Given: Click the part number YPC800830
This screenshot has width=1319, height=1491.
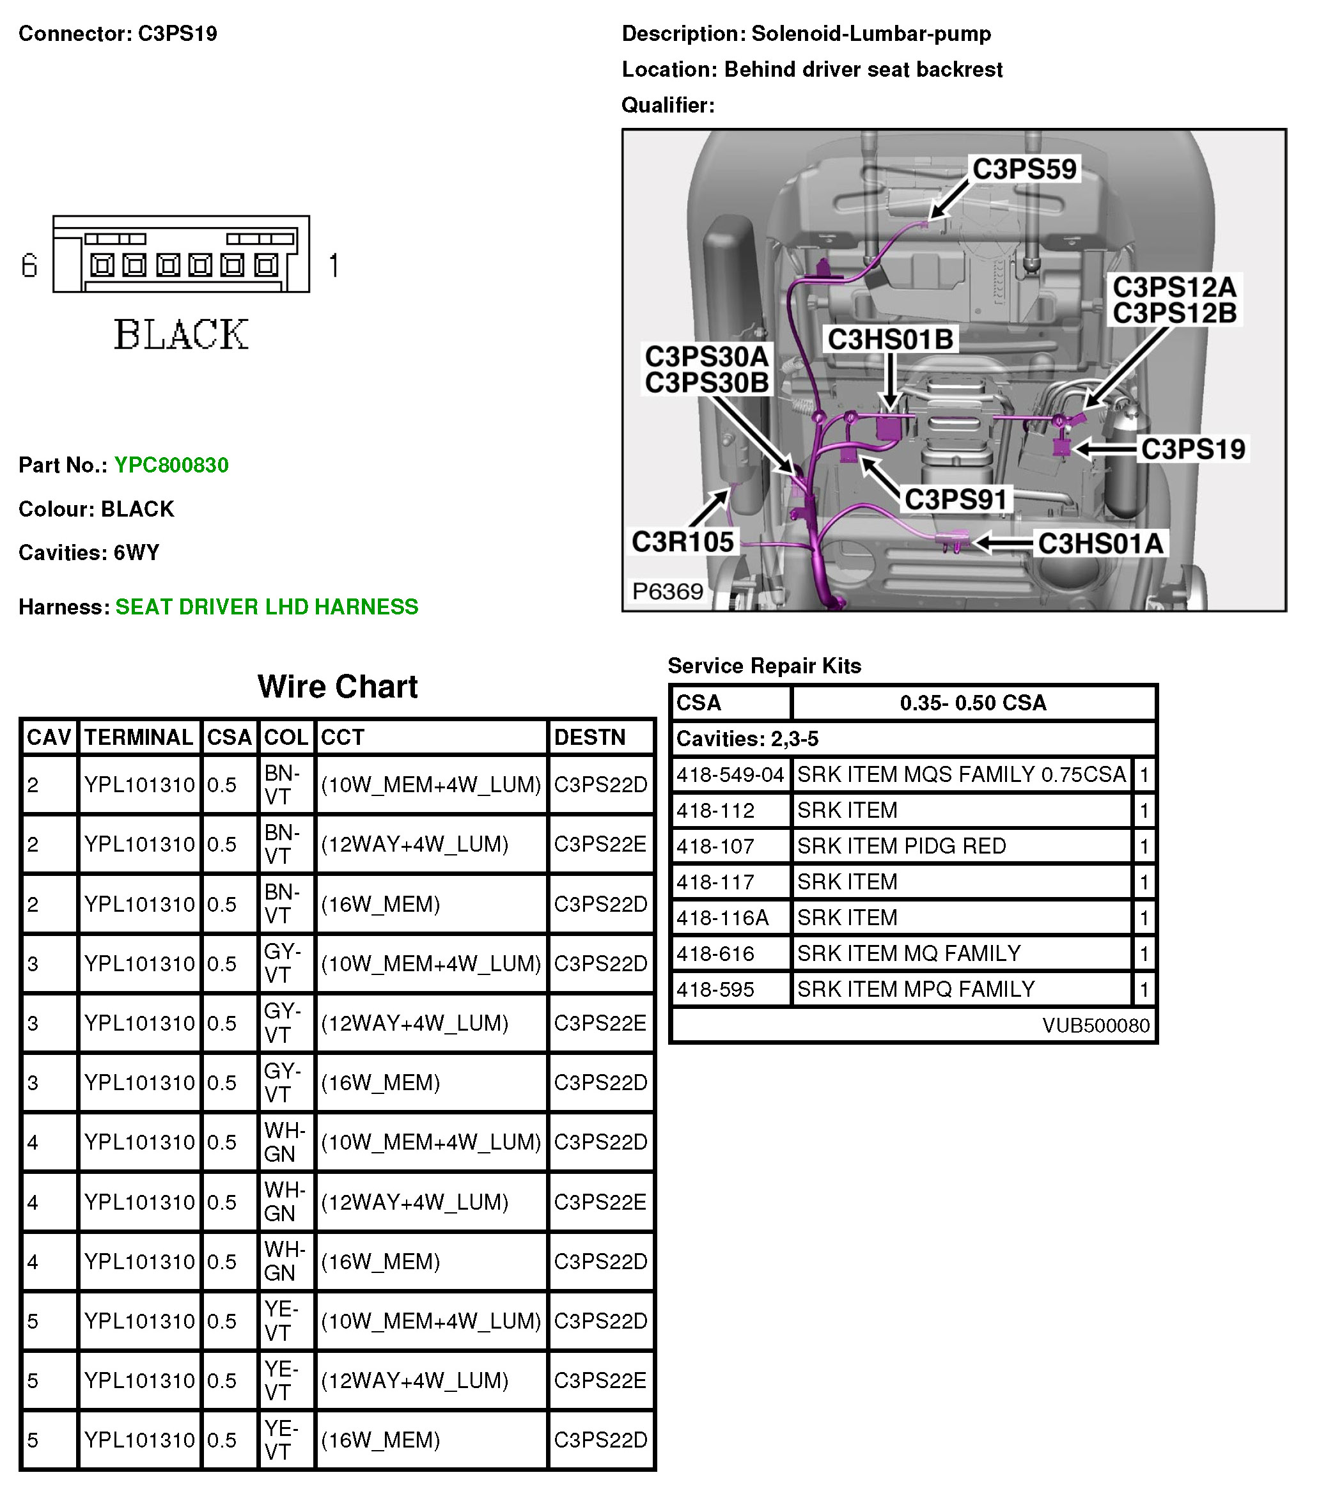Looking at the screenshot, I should [171, 465].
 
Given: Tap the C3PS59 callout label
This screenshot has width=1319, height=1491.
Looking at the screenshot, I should [1024, 169].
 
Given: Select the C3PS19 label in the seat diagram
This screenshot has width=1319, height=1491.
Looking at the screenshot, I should [1193, 449].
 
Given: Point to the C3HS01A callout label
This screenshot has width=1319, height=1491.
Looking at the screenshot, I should [1100, 543].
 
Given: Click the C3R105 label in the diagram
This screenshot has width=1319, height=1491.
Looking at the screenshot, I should [682, 542].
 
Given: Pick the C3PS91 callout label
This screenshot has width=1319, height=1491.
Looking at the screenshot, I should [955, 500].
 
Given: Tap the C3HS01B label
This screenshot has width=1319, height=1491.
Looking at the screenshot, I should [890, 340].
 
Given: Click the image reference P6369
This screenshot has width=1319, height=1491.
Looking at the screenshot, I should [667, 591].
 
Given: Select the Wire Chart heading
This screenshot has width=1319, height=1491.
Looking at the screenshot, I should [337, 687].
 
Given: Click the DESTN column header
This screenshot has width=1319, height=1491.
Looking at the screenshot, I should [589, 737].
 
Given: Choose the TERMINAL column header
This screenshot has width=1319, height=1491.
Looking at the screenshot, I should [139, 737].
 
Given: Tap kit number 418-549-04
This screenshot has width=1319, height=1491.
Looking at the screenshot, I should [730, 775].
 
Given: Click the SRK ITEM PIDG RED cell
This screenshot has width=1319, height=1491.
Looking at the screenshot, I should [901, 846].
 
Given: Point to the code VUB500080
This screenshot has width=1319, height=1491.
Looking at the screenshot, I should [1096, 1026].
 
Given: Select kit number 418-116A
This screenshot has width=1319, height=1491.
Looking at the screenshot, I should [722, 917].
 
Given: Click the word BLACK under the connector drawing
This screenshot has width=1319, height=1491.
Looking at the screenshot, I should [181, 335].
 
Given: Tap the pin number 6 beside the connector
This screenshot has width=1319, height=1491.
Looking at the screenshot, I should [29, 265].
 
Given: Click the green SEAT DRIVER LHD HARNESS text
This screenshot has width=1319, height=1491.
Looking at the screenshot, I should [266, 607].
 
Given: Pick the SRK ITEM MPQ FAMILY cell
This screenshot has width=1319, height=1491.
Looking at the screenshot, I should [916, 989].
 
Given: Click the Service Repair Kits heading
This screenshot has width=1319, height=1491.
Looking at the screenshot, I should [764, 666].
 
